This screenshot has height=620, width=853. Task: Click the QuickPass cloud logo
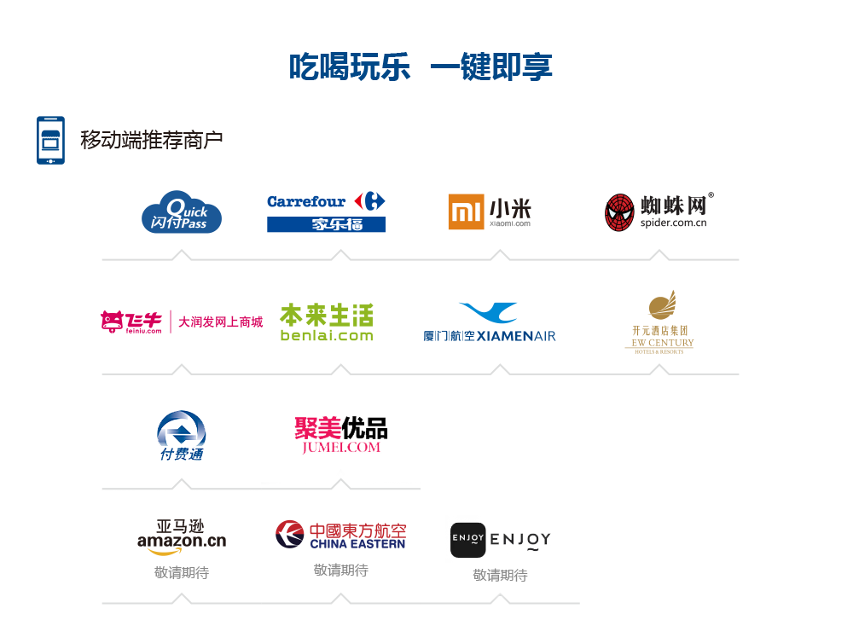click(181, 212)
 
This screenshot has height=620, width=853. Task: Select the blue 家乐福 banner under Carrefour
click(326, 224)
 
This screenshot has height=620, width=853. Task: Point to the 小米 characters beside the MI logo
click(510, 207)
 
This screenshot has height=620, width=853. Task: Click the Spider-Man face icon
click(619, 212)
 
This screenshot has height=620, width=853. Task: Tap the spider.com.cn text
click(674, 223)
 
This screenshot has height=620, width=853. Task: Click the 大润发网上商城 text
click(220, 322)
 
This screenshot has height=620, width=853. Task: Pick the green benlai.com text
click(326, 336)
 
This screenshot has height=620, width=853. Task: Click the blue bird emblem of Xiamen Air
click(487, 312)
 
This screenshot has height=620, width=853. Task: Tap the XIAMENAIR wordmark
click(516, 336)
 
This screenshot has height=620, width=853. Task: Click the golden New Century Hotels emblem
click(659, 306)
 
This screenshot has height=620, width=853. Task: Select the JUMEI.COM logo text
click(340, 446)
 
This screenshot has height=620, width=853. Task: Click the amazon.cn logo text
click(181, 541)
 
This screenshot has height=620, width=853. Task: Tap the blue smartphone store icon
click(50, 140)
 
